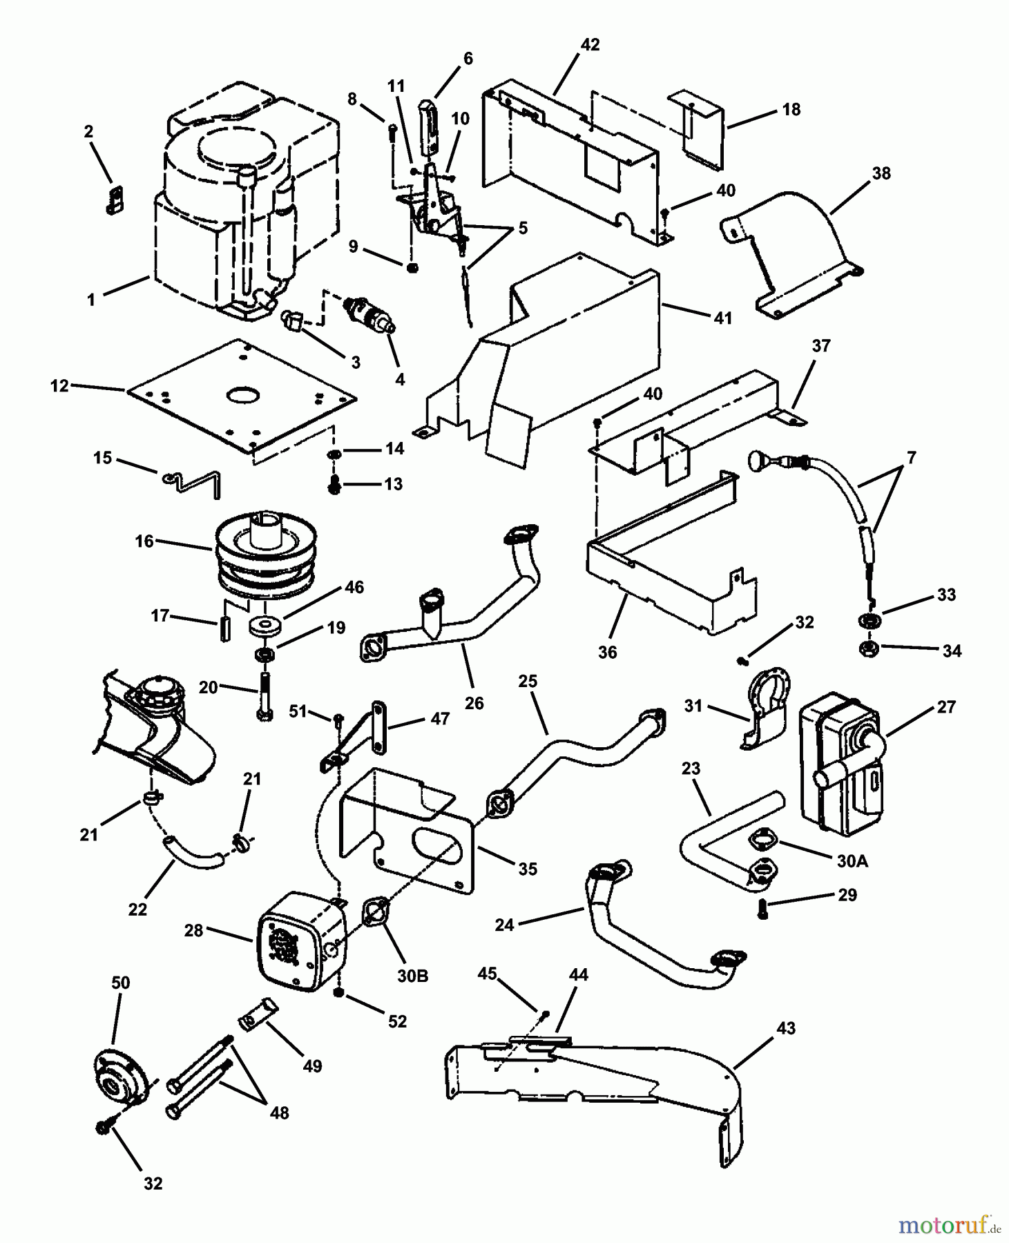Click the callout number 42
(x=590, y=45)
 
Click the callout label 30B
(x=412, y=976)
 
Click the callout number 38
(x=881, y=173)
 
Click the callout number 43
(x=786, y=1028)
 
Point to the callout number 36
(x=607, y=652)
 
